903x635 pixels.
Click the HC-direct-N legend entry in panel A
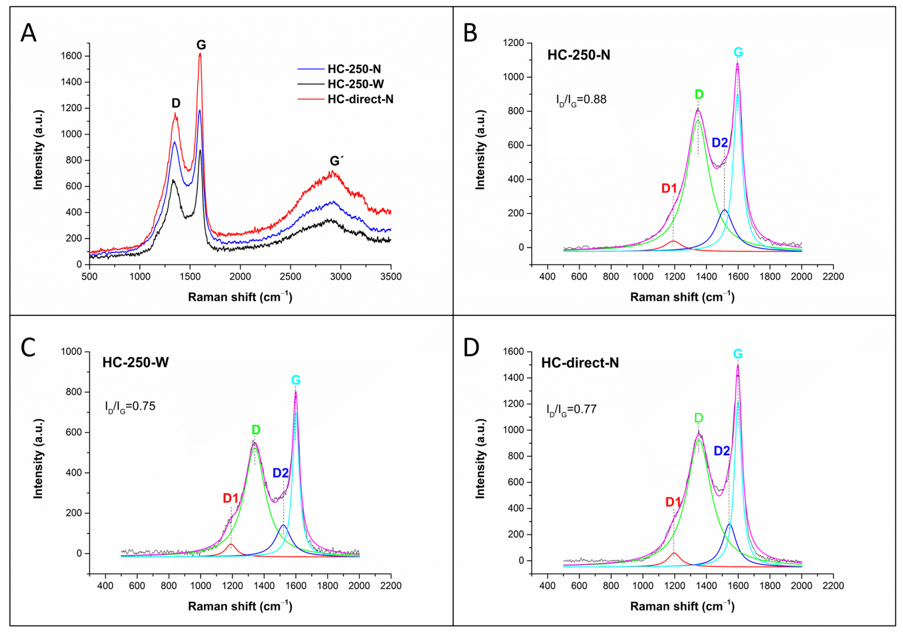click(x=345, y=99)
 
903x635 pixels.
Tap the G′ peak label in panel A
click(x=337, y=161)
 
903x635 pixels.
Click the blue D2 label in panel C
click(x=281, y=473)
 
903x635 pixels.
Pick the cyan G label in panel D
click(x=738, y=354)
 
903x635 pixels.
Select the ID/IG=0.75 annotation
click(x=130, y=407)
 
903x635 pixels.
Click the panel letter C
click(x=28, y=348)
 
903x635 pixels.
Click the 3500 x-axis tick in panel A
click(x=391, y=277)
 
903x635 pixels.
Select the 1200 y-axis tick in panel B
click(x=514, y=43)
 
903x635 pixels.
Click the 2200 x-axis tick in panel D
click(x=833, y=586)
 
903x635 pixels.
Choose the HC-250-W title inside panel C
click(x=136, y=362)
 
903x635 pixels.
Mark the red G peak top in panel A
click(x=200, y=54)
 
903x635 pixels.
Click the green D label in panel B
click(x=699, y=94)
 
